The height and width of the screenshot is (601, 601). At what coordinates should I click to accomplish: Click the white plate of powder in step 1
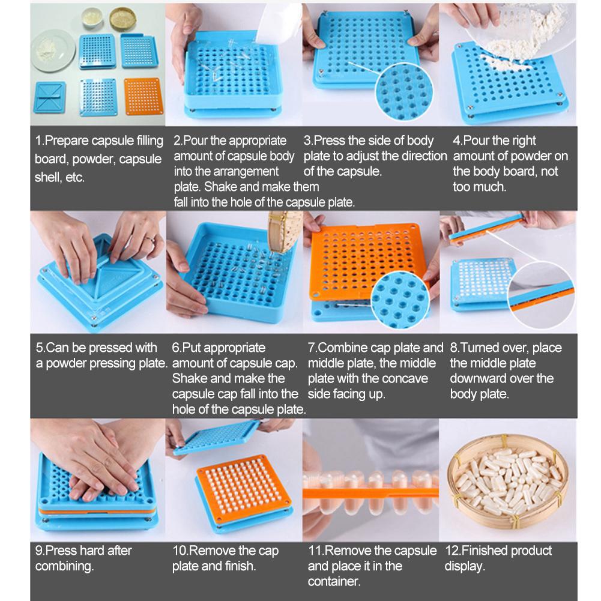click(53, 50)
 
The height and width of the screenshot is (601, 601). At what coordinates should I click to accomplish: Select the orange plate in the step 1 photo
click(143, 96)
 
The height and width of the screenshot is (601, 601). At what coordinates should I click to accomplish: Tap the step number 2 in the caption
click(177, 141)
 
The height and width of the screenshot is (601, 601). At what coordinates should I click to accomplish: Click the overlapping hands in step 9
click(96, 456)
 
